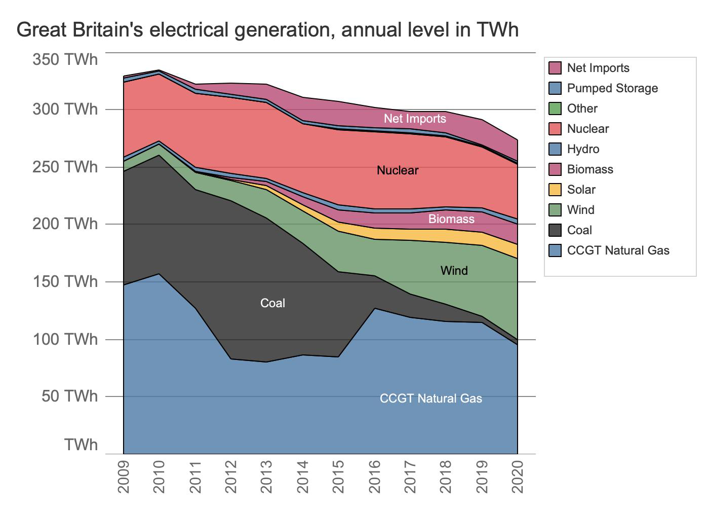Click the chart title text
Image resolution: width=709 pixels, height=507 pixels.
tap(267, 29)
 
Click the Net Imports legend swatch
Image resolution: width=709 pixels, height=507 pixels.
tap(555, 68)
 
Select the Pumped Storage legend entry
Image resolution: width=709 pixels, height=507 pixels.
tap(612, 88)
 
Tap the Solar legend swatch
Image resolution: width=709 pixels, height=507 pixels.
tap(555, 190)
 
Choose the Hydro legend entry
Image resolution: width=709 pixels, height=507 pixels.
tap(583, 149)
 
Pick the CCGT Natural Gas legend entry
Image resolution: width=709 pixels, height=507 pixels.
tap(618, 250)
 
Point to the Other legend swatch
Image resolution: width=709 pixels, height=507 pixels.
tap(555, 108)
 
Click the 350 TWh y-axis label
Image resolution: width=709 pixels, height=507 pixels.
tap(65, 59)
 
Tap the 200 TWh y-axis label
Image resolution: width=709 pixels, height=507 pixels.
tap(65, 224)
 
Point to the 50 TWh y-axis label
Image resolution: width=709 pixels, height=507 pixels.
tap(69, 396)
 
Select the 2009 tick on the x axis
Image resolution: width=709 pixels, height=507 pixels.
tap(124, 477)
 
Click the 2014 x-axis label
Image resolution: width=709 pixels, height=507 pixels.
tap(303, 477)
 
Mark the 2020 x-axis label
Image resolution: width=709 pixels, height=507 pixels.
tap(518, 477)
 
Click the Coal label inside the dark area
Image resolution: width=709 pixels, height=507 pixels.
tap(272, 303)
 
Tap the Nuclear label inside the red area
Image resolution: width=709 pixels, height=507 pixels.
tap(398, 170)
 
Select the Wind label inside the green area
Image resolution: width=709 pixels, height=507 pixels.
tap(454, 271)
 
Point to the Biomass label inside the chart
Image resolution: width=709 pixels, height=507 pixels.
tap(451, 219)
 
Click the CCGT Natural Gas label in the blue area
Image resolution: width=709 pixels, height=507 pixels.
tap(430, 399)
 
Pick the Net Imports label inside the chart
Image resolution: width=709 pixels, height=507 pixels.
tap(415, 119)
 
